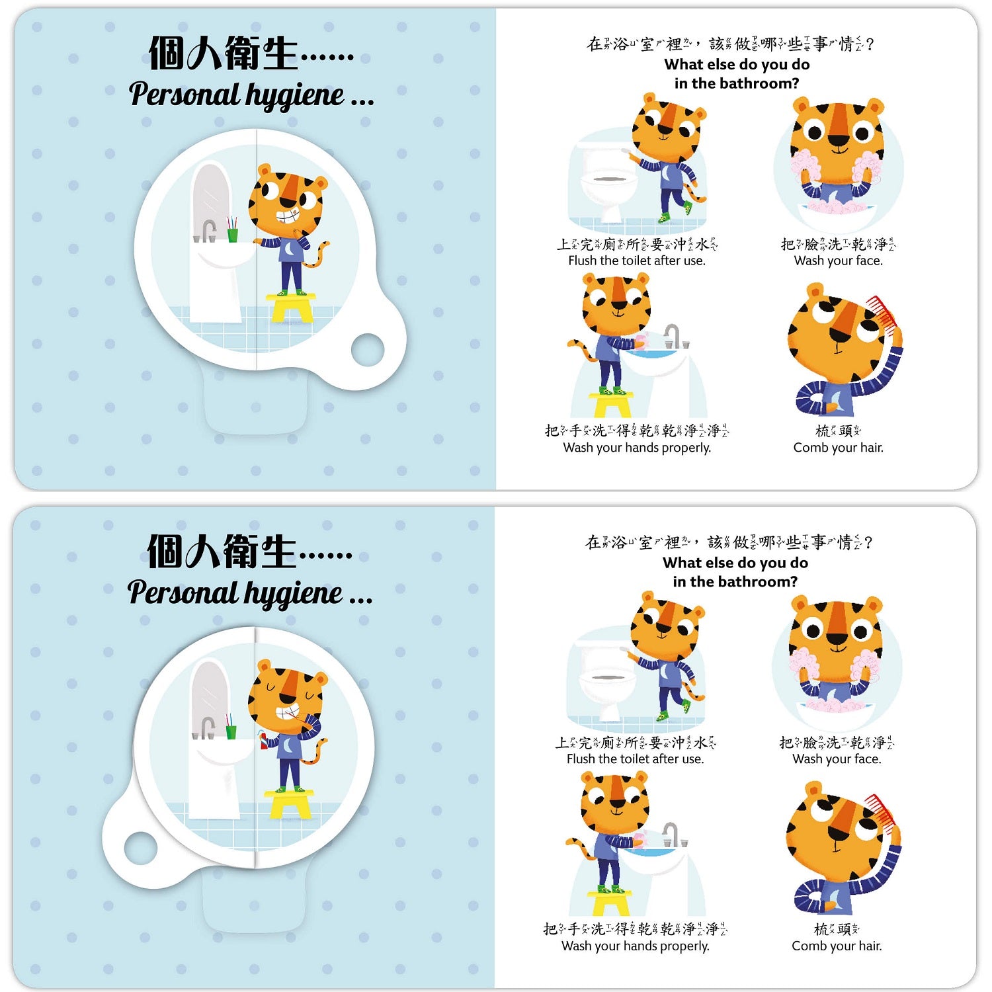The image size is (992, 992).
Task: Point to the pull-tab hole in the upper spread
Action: tap(368, 349)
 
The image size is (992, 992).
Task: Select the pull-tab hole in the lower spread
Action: tap(141, 848)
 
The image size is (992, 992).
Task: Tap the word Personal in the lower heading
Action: tap(182, 592)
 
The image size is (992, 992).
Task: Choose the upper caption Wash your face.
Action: tap(839, 261)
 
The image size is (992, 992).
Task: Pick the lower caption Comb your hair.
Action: tap(837, 946)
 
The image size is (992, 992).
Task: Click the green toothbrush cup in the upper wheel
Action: tap(232, 235)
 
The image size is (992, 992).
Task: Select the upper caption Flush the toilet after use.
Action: tap(637, 261)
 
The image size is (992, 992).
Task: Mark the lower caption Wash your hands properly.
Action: tap(636, 946)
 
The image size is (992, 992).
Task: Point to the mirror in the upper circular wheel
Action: tap(211, 199)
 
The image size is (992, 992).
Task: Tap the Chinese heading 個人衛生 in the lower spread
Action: tap(222, 552)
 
